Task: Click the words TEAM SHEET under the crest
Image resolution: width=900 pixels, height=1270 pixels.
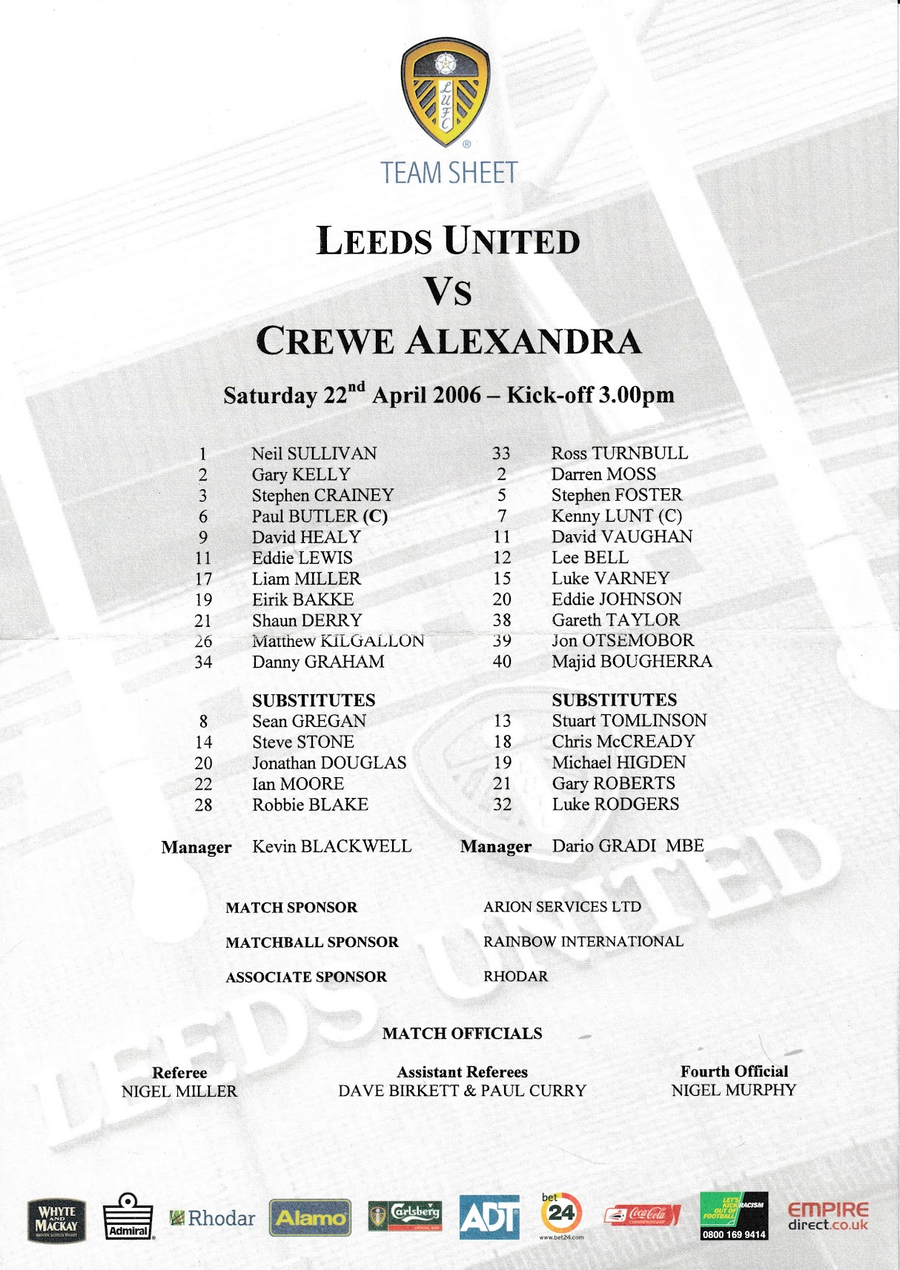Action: pyautogui.click(x=449, y=173)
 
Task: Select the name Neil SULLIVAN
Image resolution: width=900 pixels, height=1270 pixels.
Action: pyautogui.click(x=314, y=453)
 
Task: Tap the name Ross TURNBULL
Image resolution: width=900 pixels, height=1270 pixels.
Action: pyautogui.click(x=619, y=453)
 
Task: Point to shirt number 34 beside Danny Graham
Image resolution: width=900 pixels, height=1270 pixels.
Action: pyautogui.click(x=203, y=662)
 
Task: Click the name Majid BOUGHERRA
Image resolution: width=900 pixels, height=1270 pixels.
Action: pyautogui.click(x=632, y=661)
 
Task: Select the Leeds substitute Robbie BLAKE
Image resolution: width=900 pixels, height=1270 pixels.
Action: pyautogui.click(x=310, y=805)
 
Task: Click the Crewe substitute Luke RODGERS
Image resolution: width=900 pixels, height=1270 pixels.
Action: pyautogui.click(x=615, y=804)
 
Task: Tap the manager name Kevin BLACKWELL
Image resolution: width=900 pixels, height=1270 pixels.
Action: pyautogui.click(x=331, y=846)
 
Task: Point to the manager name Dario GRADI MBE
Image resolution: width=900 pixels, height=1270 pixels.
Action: pyautogui.click(x=628, y=845)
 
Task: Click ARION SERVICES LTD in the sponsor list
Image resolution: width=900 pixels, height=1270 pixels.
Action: pyautogui.click(x=562, y=907)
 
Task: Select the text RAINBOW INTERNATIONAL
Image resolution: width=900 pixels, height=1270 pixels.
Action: pyautogui.click(x=583, y=942)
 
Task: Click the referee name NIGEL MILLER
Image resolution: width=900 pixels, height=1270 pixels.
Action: pyautogui.click(x=179, y=1091)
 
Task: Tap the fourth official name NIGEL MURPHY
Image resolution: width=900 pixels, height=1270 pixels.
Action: pyautogui.click(x=733, y=1091)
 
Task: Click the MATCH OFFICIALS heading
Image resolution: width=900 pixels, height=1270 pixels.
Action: pyautogui.click(x=462, y=1034)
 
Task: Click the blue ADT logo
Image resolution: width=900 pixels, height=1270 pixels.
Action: pyautogui.click(x=489, y=1217)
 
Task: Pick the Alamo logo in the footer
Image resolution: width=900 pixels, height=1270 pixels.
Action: pyautogui.click(x=310, y=1217)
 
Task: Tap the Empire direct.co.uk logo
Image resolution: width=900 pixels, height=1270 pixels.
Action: pyautogui.click(x=827, y=1216)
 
